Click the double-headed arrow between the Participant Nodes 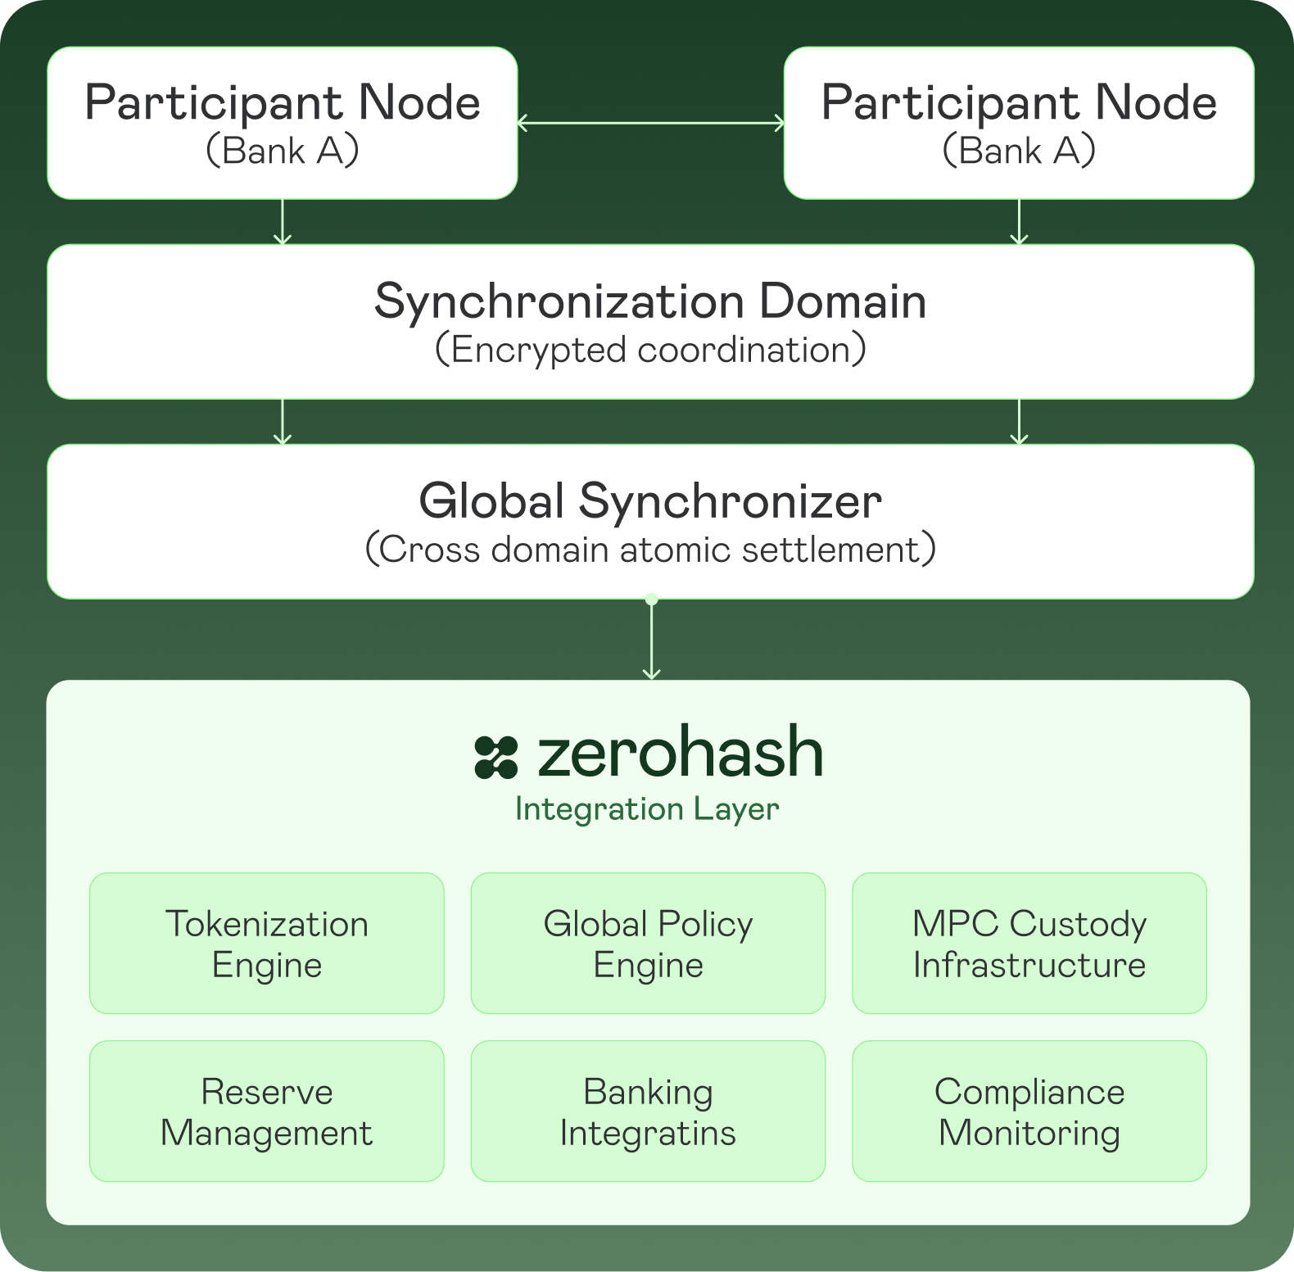click(651, 124)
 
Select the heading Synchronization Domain click(650, 301)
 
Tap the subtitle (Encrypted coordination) click(650, 350)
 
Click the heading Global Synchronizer click(650, 500)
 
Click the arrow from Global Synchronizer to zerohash click(651, 643)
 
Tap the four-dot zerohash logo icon click(496, 757)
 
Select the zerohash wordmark click(680, 753)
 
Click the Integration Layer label click(647, 809)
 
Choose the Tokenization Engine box click(267, 944)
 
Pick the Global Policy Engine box click(648, 944)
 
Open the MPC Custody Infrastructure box click(1029, 944)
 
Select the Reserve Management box click(267, 1111)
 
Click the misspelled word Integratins click(648, 1134)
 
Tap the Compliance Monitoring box click(1029, 1111)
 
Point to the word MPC click(956, 924)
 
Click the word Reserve click(267, 1092)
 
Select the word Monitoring click(1029, 1134)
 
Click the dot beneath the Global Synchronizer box click(652, 600)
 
